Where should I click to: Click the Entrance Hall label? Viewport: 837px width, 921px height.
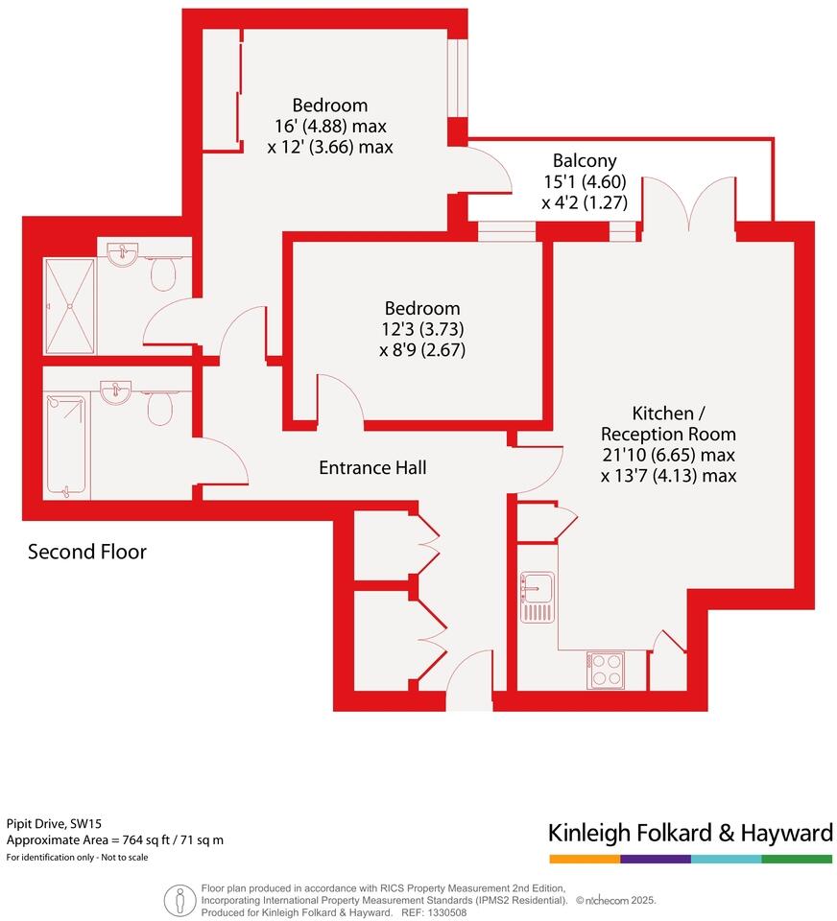pos(372,468)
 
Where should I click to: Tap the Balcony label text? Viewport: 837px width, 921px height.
pos(585,161)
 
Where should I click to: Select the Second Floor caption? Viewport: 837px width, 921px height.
pos(87,552)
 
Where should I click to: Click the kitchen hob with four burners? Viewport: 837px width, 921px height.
pos(606,670)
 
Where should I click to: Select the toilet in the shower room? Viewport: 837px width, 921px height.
pos(164,274)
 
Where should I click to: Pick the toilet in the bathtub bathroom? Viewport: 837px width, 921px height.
pos(160,408)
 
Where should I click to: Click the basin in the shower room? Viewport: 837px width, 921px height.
pos(124,255)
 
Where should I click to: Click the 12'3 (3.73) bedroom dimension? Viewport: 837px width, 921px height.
pos(422,329)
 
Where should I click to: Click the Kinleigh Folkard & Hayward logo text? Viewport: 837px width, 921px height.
pos(689,832)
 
